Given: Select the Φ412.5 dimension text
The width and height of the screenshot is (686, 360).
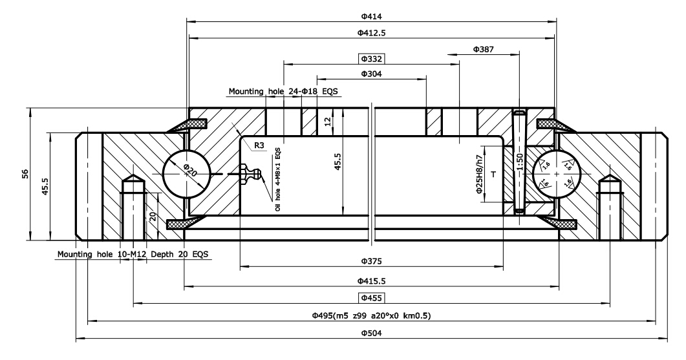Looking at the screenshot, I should pos(372,32).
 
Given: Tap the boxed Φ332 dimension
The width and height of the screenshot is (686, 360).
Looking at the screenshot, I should pos(372,59).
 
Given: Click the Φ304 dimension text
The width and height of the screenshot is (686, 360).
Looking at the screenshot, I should pos(372,74).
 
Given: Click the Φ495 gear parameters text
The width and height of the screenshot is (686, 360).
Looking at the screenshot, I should pos(371,315).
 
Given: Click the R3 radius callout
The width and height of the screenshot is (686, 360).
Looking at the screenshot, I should pos(259,145).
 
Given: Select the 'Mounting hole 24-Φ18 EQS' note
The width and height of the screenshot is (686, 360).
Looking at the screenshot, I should pos(283,92).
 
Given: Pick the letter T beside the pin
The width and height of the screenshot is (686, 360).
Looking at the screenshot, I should pos(494,175).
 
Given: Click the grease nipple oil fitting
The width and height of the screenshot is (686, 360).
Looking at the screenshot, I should pos(249,173).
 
